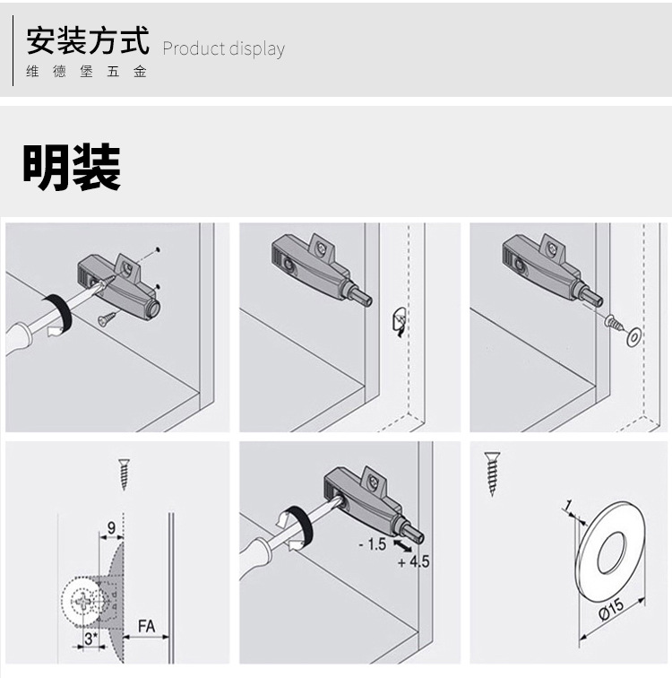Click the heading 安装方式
[x=87, y=42]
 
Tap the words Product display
[x=223, y=49]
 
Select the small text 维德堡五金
[x=86, y=72]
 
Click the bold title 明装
[x=72, y=167]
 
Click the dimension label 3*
[x=90, y=640]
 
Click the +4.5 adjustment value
[x=413, y=561]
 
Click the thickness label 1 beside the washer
[x=567, y=508]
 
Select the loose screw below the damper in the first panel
[x=108, y=316]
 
